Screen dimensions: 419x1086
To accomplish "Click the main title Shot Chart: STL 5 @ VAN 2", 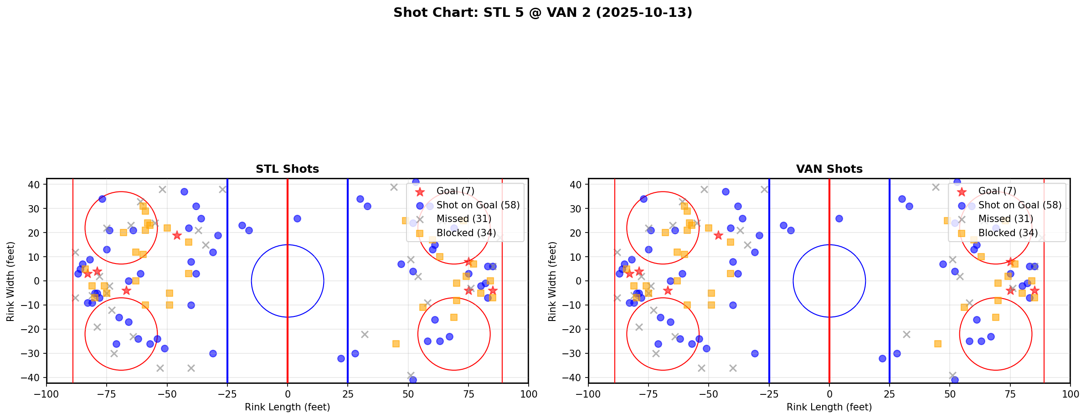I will tap(542, 13).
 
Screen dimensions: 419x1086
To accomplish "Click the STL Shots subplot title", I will tap(287, 169).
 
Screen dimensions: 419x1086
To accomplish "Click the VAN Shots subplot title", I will tap(829, 169).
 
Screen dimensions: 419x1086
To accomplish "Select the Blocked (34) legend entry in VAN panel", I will tap(1008, 233).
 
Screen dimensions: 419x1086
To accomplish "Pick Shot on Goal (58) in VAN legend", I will tap(1019, 205).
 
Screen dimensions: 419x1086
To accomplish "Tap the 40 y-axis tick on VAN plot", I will tap(576, 185).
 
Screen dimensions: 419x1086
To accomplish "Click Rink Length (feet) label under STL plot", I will tap(287, 407).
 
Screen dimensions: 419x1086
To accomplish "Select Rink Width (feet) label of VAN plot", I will tap(552, 281).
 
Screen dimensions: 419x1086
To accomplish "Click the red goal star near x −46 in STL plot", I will tap(177, 235).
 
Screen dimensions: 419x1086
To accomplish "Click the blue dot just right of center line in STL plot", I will tap(297, 218).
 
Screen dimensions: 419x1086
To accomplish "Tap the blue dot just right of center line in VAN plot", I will tap(839, 218).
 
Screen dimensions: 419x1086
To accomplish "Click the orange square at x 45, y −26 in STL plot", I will tap(396, 344).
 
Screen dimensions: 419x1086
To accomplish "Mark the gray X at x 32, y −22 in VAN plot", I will tap(906, 334).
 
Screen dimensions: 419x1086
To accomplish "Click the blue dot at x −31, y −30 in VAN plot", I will tap(755, 353).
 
